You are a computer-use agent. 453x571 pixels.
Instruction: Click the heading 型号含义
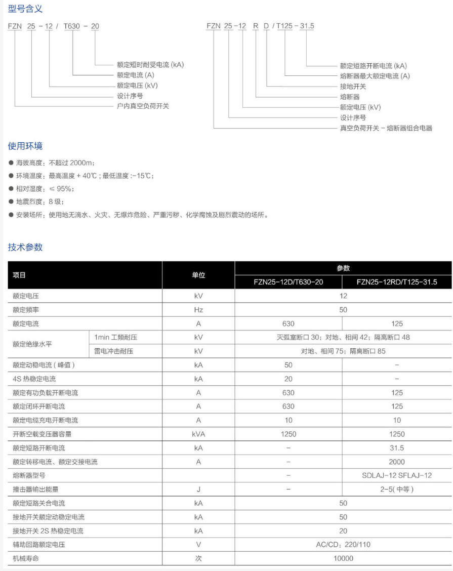[25, 9]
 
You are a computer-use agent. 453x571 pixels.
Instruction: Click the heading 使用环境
[25, 146]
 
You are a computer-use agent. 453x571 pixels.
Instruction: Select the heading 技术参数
[25, 247]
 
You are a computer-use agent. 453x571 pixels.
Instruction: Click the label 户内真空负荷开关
[143, 106]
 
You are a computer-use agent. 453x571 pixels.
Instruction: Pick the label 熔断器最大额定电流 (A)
[375, 76]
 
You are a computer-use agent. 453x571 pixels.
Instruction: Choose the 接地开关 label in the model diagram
[353, 86]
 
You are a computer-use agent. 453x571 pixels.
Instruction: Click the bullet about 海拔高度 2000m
[55, 163]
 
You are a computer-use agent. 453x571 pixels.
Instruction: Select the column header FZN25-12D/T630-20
[288, 282]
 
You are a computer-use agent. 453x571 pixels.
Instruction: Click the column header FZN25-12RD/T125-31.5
[397, 282]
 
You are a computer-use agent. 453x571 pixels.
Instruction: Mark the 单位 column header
[198, 275]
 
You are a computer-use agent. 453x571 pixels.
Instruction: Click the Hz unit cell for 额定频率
[198, 310]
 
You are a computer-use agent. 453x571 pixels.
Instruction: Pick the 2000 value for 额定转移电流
[397, 462]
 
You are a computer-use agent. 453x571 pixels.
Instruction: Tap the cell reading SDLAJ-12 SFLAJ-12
[397, 475]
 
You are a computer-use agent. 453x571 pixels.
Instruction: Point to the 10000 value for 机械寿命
[343, 558]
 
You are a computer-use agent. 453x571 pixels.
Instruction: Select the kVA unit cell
[198, 434]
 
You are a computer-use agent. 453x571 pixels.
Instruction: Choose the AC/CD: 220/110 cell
[343, 545]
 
